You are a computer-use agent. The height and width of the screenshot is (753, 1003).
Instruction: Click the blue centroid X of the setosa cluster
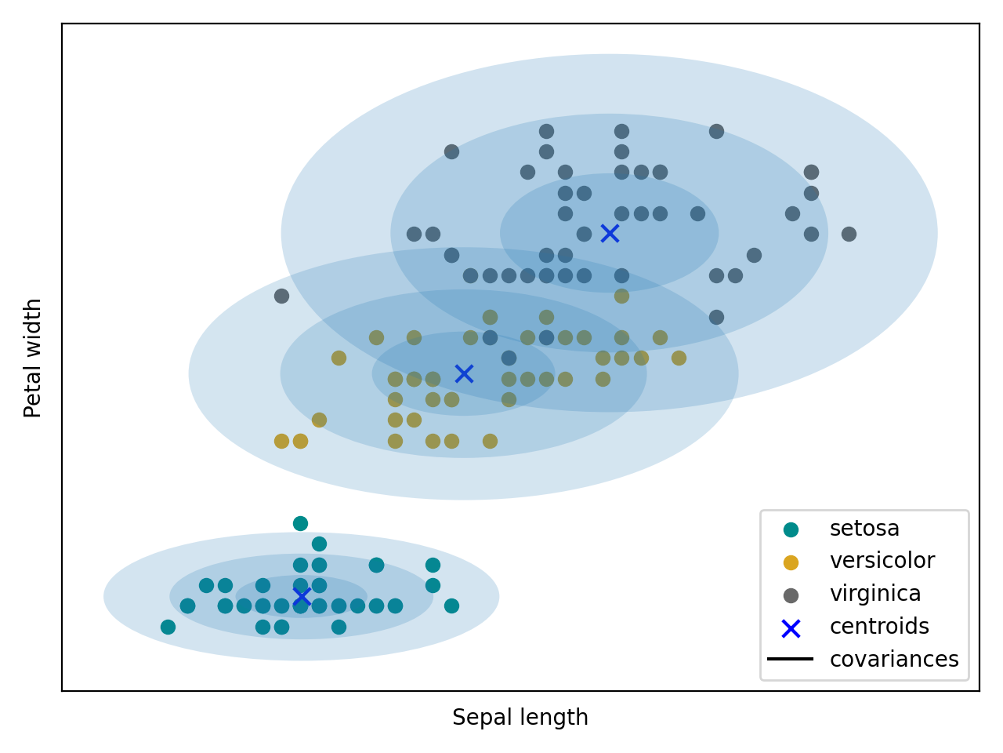click(x=301, y=597)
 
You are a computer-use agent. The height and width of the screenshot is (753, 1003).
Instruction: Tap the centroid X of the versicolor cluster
click(x=464, y=373)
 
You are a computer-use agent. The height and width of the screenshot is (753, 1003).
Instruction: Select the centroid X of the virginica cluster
click(x=610, y=233)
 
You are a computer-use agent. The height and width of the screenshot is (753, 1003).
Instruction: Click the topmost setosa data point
click(x=300, y=523)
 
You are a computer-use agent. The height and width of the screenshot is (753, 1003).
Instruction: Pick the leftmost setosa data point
click(x=168, y=627)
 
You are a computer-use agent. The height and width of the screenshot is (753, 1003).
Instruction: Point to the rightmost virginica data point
click(x=849, y=234)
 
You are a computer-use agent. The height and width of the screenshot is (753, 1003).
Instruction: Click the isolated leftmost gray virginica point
click(x=281, y=296)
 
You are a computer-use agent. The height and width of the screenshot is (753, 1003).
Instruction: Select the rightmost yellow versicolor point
click(x=679, y=358)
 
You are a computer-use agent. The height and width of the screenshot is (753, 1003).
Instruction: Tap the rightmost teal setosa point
click(x=451, y=606)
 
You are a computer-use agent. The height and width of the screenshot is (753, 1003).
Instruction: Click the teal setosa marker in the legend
click(x=791, y=529)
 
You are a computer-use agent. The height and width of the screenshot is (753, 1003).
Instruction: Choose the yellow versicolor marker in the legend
click(x=791, y=562)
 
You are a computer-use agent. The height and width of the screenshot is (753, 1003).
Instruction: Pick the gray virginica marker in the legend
click(x=791, y=595)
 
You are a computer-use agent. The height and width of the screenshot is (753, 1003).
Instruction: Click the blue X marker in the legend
click(x=791, y=628)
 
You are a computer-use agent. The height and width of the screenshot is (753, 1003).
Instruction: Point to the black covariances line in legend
click(x=791, y=659)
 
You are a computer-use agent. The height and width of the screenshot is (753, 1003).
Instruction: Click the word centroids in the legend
click(x=879, y=627)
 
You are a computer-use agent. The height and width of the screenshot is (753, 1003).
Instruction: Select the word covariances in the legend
click(x=894, y=660)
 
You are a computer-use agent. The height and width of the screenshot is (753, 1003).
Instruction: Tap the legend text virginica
click(x=875, y=594)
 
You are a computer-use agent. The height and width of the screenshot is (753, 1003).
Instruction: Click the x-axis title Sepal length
click(x=520, y=718)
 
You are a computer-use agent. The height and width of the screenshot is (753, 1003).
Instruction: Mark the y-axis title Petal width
click(x=33, y=358)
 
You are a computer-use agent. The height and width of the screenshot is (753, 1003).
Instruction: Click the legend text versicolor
click(x=882, y=561)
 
